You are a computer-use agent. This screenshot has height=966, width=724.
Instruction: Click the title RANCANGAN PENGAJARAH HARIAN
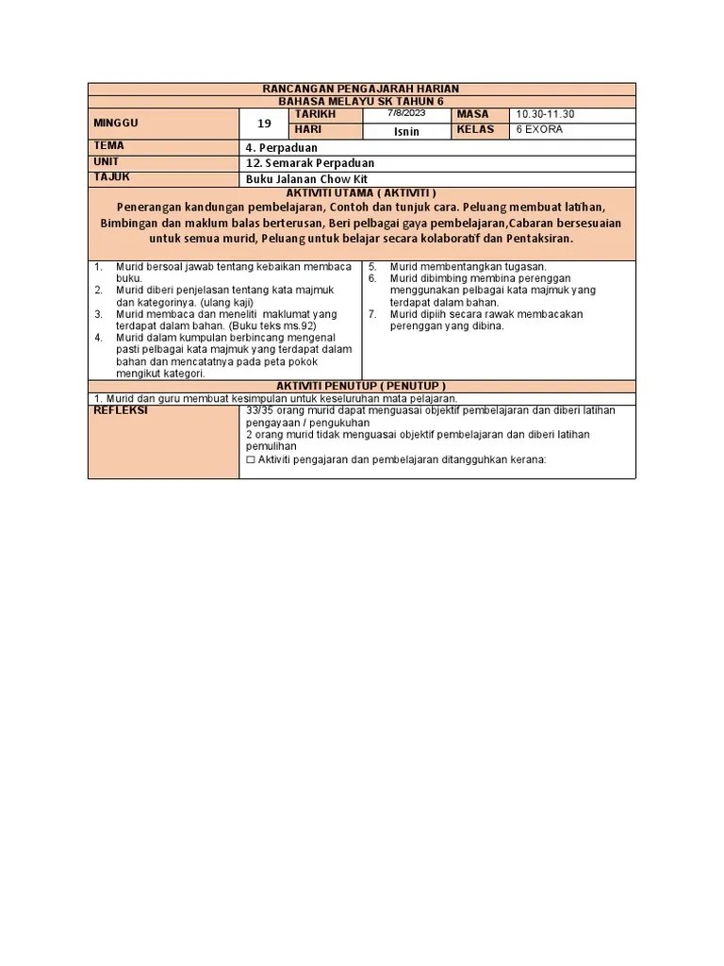361,89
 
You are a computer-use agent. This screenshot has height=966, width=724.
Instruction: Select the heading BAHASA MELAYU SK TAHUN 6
361,101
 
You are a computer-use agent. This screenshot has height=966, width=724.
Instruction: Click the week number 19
264,124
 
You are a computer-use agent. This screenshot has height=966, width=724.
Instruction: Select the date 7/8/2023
406,113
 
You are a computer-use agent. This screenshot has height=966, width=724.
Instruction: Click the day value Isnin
406,131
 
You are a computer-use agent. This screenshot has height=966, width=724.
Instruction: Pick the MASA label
472,114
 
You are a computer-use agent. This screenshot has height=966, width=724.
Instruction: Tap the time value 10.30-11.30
545,114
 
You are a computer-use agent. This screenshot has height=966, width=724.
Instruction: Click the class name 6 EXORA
538,130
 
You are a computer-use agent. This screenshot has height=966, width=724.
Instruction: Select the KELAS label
475,130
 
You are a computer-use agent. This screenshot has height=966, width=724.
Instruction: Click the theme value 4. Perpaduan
281,148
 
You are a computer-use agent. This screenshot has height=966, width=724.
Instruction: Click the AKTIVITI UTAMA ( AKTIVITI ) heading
361,192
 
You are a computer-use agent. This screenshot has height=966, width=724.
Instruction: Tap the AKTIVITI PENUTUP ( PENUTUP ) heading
361,386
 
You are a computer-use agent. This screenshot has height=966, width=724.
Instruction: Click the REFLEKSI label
122,411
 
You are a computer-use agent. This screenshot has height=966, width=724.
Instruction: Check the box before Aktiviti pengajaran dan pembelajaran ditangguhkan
250,460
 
